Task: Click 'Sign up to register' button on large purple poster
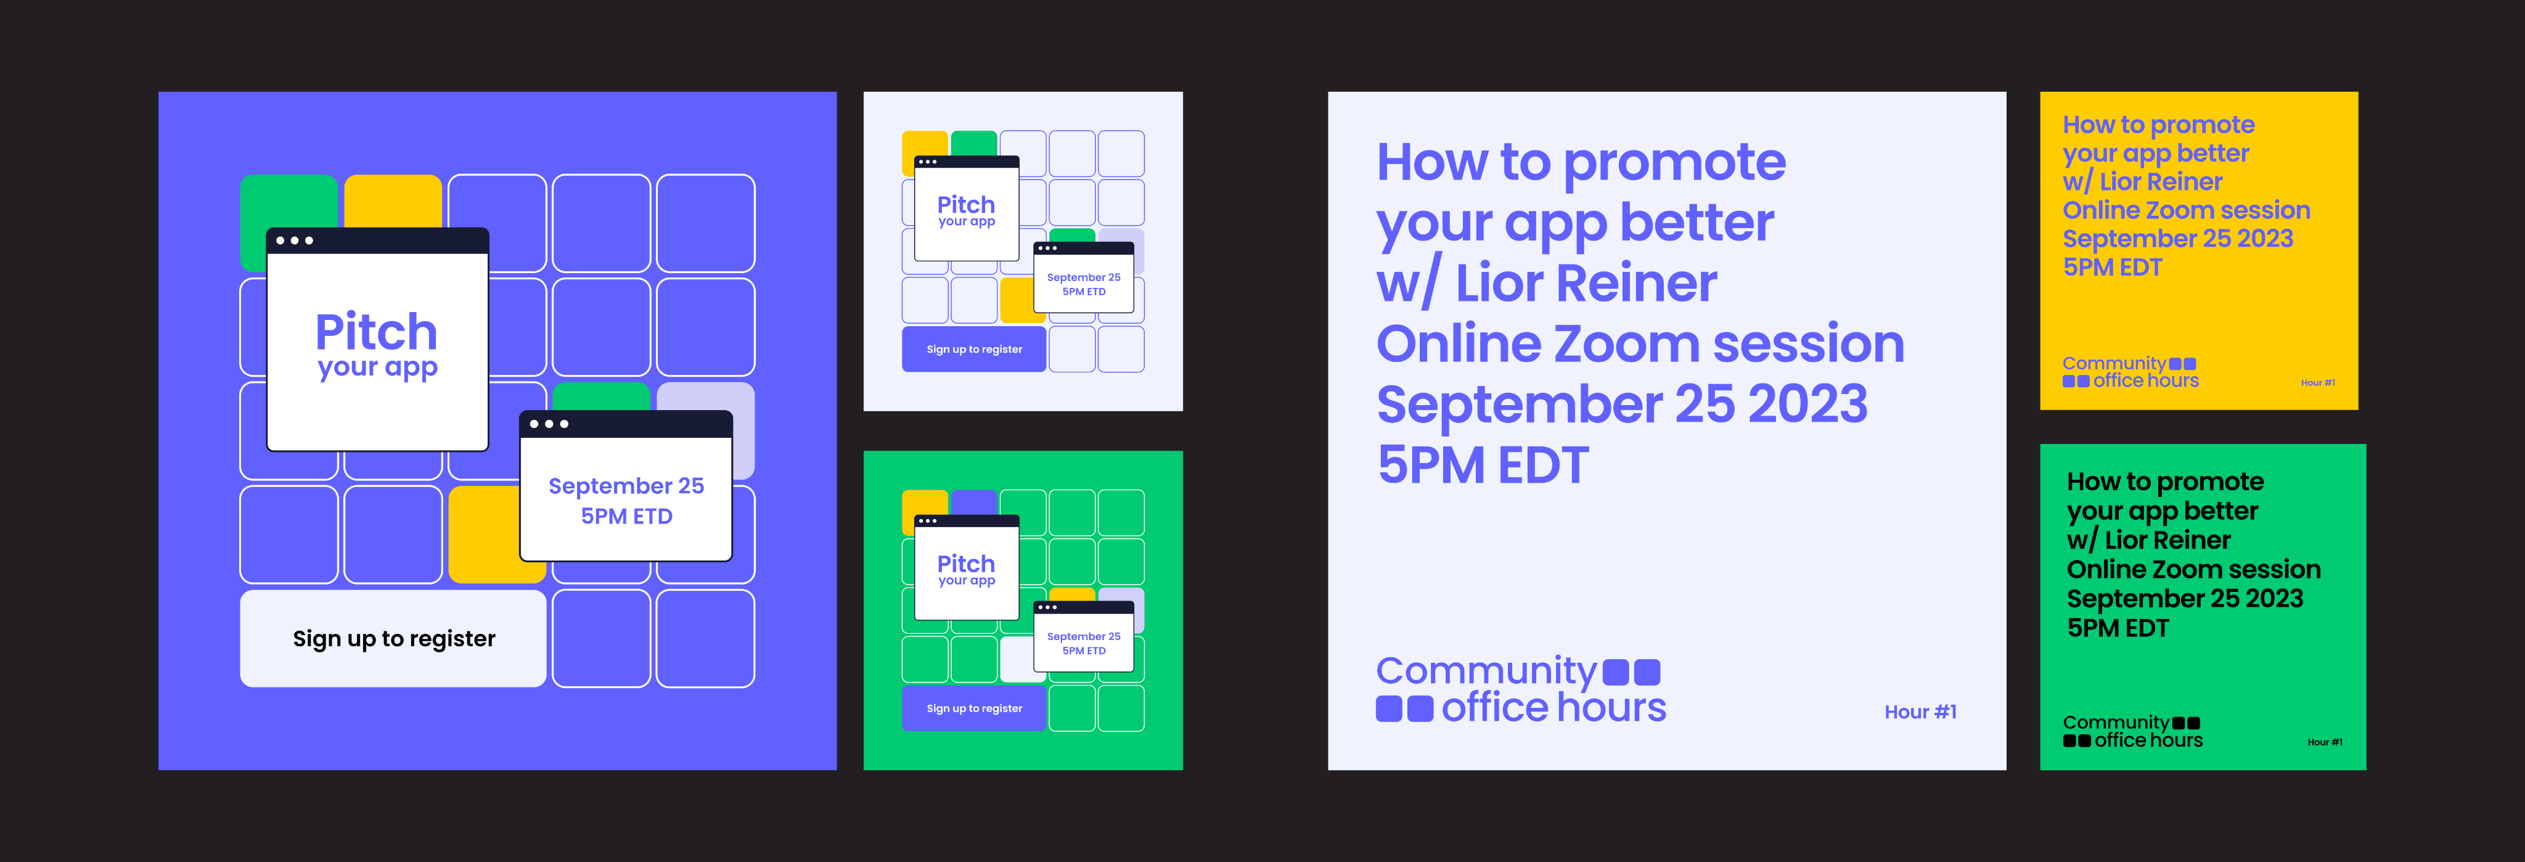[393, 638]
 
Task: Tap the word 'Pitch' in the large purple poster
[377, 332]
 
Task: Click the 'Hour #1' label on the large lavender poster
[1920, 712]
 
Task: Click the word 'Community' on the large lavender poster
[1486, 671]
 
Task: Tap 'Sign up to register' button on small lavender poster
[975, 349]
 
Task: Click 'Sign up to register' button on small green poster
[975, 708]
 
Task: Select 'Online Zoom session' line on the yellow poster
[2186, 210]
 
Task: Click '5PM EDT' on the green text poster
[2118, 628]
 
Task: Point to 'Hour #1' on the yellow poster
[2317, 382]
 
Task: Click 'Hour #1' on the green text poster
[2324, 742]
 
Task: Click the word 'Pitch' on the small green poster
[965, 564]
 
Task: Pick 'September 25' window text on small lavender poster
[1083, 277]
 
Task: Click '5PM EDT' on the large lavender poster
[1482, 465]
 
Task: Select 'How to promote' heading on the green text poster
[2165, 482]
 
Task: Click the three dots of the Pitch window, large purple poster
[294, 240]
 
